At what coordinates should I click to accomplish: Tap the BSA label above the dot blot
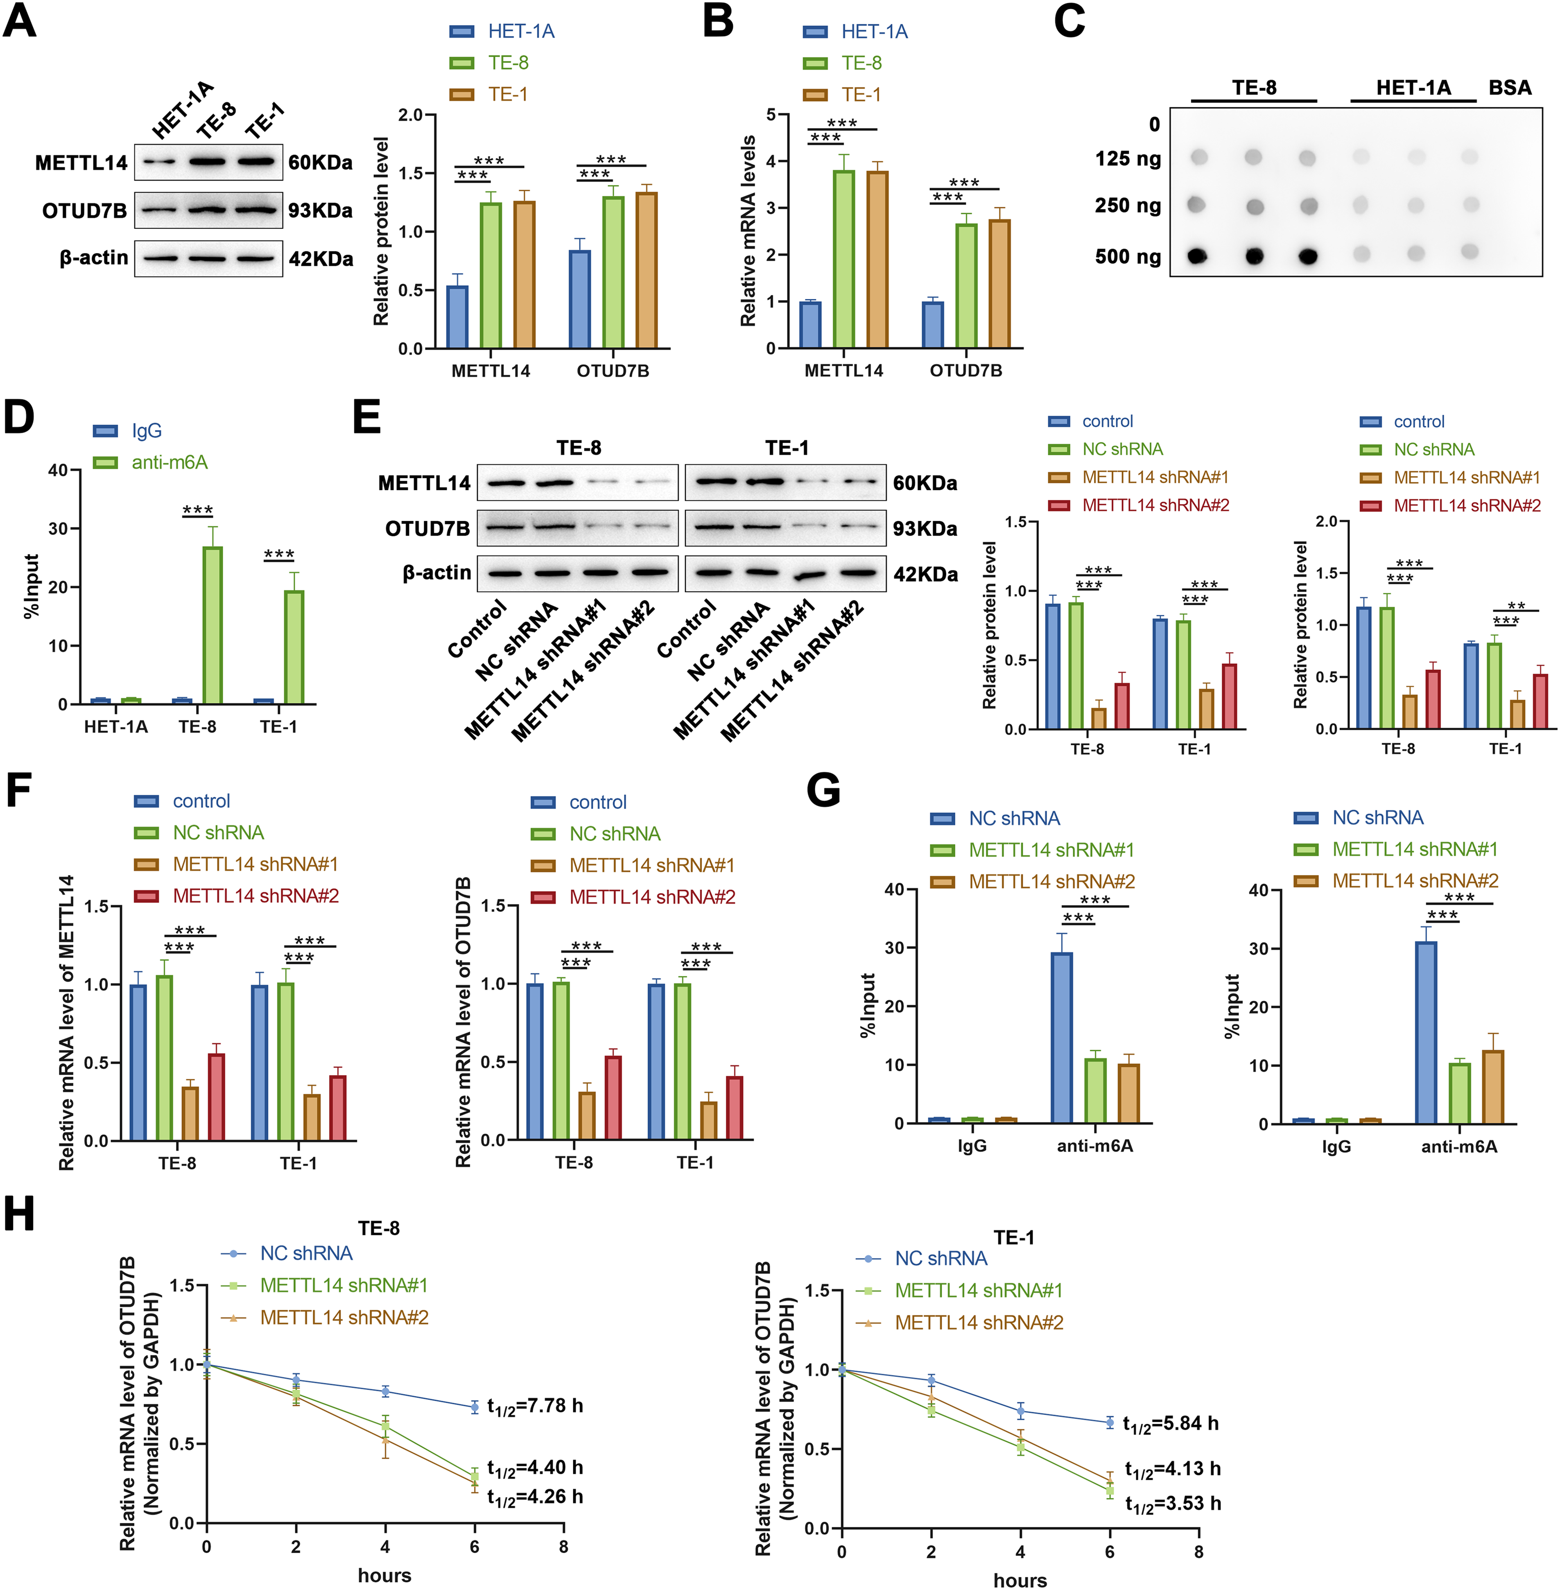(1509, 88)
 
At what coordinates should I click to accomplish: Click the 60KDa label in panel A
(320, 162)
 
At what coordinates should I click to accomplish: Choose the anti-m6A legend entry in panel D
(169, 462)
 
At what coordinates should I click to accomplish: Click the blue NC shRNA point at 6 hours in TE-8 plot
(475, 1407)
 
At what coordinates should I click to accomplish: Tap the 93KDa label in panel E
(925, 529)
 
